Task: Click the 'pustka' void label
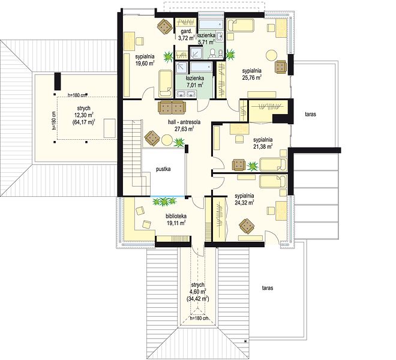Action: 163,169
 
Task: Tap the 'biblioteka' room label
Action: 176,216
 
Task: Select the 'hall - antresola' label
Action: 184,122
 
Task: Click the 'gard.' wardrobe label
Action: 186,32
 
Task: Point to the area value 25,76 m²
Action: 251,77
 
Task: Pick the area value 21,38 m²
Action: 263,146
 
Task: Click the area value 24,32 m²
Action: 244,202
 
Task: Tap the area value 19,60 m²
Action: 145,63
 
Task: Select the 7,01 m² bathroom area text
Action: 195,85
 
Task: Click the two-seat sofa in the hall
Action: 172,107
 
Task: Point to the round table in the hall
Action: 167,140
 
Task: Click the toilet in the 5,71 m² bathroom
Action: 212,53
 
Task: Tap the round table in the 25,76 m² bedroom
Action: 272,55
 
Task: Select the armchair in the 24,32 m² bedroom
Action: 247,226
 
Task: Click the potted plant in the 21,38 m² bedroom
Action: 252,166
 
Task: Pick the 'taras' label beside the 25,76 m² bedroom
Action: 310,114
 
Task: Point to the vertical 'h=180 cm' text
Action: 53,121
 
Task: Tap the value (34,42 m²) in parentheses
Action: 198,299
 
